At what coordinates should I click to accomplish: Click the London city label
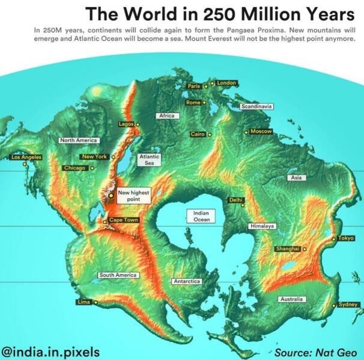226,82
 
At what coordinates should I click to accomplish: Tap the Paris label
193,86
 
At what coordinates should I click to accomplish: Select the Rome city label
193,103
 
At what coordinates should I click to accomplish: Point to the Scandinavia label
256,106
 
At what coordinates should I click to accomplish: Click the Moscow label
261,131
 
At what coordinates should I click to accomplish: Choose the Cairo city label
198,134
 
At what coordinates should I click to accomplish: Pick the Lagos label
126,124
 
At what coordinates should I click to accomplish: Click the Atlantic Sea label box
149,159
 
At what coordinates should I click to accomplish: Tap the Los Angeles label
27,157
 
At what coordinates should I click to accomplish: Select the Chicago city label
75,167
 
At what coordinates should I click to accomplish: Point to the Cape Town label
123,220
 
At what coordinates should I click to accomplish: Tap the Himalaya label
262,226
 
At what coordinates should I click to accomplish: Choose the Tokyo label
346,238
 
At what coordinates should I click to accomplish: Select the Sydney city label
348,304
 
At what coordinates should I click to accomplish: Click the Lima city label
84,302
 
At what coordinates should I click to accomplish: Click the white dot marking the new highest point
111,195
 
